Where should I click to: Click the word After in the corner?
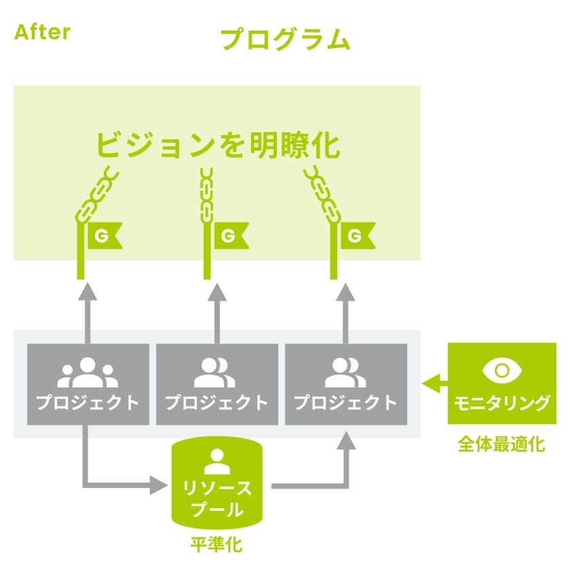pos(41,32)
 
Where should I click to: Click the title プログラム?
pos(285,40)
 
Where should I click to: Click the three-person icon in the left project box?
pos(88,372)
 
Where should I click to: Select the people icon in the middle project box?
pos(217,372)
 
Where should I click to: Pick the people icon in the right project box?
pos(345,372)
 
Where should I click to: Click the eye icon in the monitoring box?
pos(502,370)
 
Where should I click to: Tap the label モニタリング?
pos(502,402)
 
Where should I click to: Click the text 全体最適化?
pos(501,444)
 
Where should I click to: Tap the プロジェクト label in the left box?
pos(88,402)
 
